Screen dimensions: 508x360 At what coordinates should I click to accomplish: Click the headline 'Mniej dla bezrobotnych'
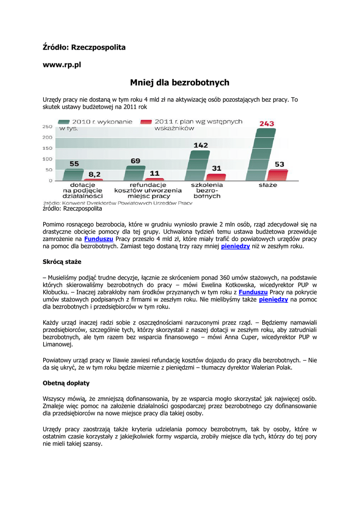179,83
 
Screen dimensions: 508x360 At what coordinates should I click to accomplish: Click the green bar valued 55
73,175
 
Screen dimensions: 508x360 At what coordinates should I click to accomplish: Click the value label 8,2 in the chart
94,174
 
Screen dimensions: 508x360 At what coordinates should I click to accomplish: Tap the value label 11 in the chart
154,173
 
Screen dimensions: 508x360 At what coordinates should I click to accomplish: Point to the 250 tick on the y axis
47,127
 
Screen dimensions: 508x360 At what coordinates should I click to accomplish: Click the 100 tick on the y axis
47,159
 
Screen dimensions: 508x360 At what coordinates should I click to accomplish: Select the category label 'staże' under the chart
268,185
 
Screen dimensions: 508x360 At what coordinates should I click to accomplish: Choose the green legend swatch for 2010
64,122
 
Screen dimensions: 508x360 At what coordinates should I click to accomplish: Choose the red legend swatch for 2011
145,122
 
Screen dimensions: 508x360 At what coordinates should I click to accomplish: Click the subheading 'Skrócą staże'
62,261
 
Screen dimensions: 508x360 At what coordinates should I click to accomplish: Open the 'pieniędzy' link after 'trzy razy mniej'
235,246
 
